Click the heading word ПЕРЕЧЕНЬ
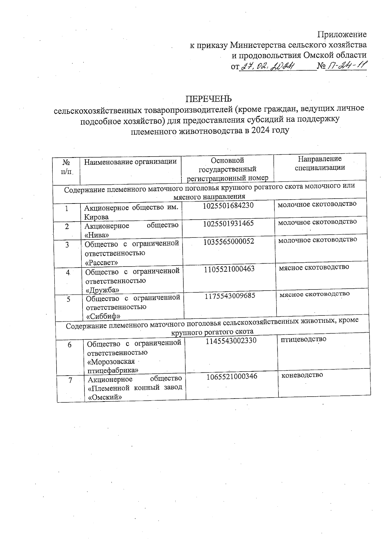click(x=209, y=98)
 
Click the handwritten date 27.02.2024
click(x=268, y=67)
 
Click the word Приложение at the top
click(x=342, y=34)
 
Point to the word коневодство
click(x=302, y=375)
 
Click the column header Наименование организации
click(x=130, y=162)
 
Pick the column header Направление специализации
click(x=320, y=163)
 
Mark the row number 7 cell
click(x=70, y=380)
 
